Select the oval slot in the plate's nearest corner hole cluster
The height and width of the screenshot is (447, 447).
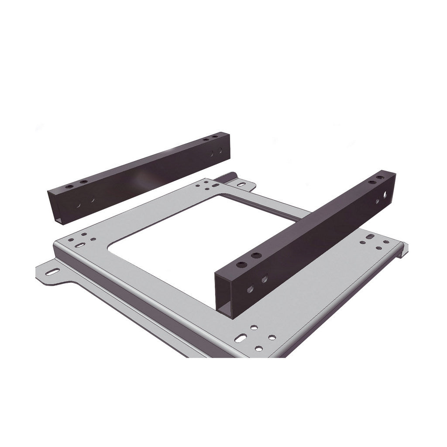pos(241,338)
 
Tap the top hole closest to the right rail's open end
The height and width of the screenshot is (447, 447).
pos(241,265)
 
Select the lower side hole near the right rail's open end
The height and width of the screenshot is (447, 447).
pos(250,289)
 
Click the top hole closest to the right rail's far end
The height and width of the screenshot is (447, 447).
pos(381,178)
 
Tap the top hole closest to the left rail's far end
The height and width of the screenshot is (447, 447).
pos(214,137)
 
